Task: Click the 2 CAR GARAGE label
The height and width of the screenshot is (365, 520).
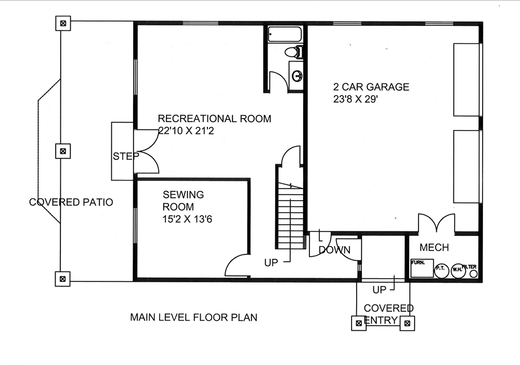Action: [371, 87]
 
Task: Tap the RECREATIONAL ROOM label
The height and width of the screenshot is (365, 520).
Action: [214, 119]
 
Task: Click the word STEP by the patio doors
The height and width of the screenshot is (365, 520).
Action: [126, 156]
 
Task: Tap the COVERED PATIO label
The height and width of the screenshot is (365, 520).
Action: [71, 202]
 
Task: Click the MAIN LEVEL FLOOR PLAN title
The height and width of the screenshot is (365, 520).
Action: [193, 317]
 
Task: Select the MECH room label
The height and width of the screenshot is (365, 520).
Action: [434, 247]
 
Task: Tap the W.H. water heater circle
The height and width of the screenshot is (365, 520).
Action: [458, 269]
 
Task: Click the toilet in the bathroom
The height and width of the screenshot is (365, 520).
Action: [294, 52]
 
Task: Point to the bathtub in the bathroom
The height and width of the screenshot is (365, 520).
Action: [284, 35]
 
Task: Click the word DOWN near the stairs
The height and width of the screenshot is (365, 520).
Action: [334, 250]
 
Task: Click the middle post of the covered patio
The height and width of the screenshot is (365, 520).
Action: [62, 151]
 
